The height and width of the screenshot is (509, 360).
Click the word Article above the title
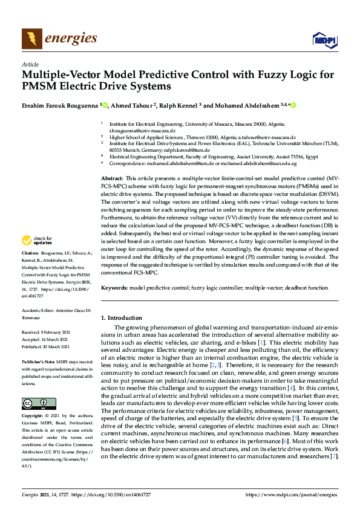(x=30, y=63)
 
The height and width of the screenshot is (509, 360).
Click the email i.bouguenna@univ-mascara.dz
(x=142, y=131)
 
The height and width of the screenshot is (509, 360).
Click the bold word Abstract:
(x=112, y=179)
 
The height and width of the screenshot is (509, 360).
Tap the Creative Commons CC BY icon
(x=35, y=403)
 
